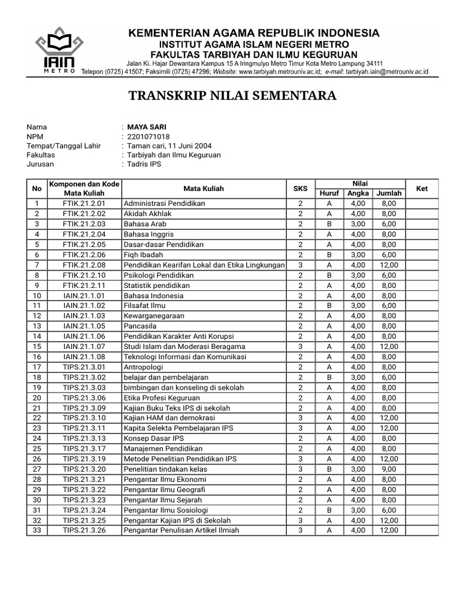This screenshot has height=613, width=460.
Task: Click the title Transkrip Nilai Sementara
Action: (233, 96)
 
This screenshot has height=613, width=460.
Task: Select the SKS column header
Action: (300, 189)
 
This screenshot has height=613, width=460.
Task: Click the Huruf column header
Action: (329, 193)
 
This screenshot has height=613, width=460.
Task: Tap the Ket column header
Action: (422, 189)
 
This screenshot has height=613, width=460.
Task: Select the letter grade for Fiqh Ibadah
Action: (329, 254)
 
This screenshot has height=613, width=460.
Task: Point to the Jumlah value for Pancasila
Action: (389, 326)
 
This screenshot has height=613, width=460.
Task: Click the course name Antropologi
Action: (143, 367)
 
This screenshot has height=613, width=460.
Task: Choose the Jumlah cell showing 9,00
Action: (389, 469)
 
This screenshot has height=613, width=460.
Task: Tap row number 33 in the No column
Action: (37, 530)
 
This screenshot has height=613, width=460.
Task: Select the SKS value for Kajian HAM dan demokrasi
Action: (300, 418)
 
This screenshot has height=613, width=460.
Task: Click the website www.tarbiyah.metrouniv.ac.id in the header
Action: (280, 71)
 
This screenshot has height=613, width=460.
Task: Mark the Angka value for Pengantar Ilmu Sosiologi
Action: (358, 510)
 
